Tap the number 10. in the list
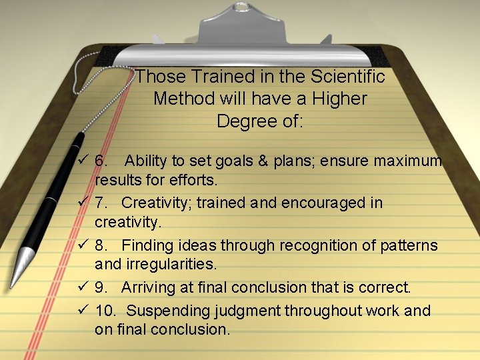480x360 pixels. pyautogui.click(x=105, y=311)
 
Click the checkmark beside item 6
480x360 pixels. pyautogui.click(x=83, y=161)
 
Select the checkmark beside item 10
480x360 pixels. pyautogui.click(x=83, y=310)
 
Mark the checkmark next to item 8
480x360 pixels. pyautogui.click(x=83, y=245)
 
